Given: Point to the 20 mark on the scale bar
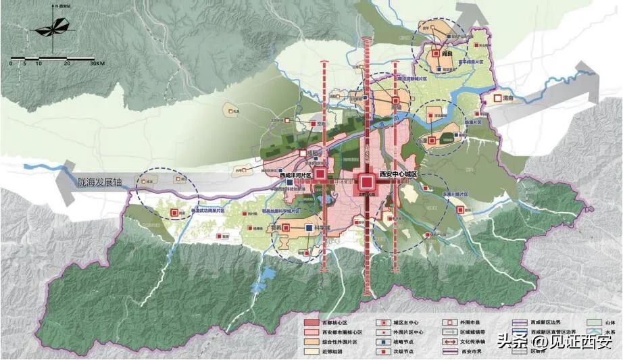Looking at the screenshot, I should tap(67, 63).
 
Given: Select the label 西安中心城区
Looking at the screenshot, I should tap(399, 175).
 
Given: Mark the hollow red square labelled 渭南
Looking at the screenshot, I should tap(498, 98).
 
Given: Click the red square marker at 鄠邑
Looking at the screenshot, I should tap(286, 228).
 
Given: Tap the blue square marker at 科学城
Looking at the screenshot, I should tap(309, 228).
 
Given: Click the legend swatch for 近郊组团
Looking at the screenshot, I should tap(313, 351).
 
